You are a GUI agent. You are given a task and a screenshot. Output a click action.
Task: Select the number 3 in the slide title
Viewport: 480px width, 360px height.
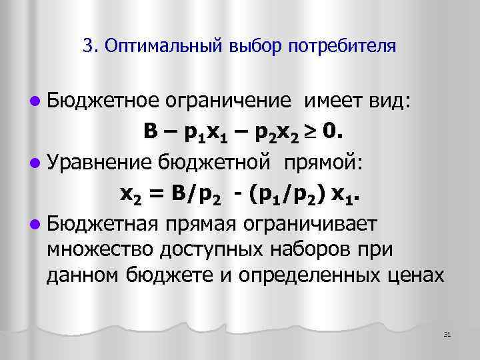pyautogui.click(x=88, y=47)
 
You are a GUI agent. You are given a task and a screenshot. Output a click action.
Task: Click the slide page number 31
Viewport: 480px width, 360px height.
pyautogui.click(x=447, y=333)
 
